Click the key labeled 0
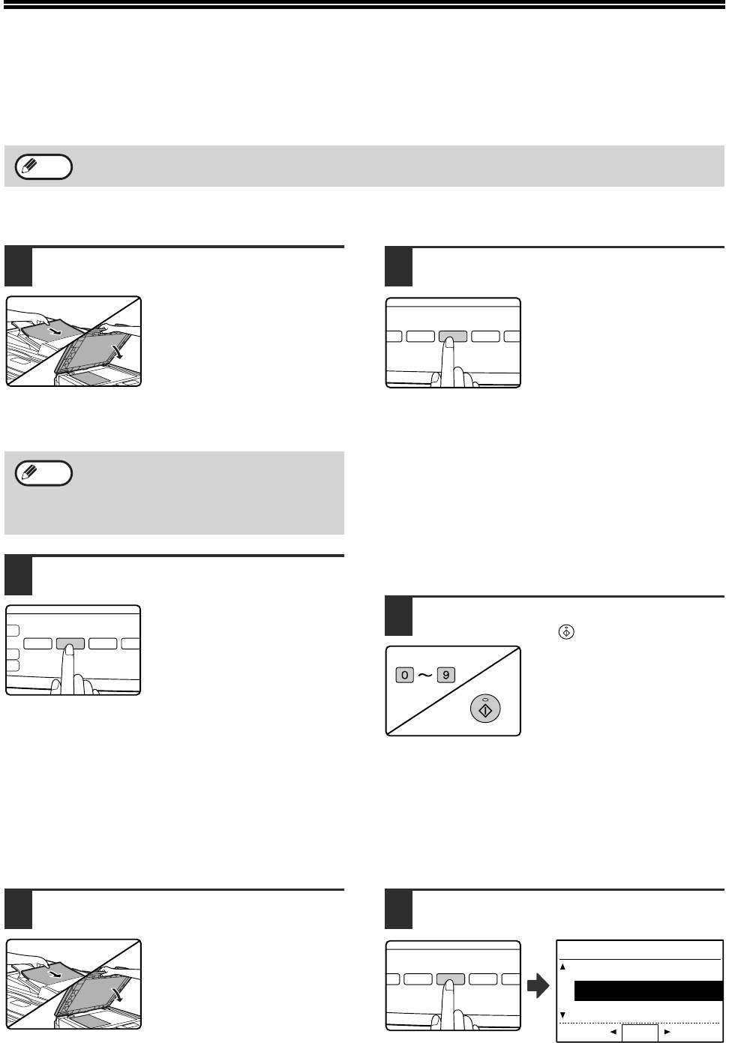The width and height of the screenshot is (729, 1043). click(404, 675)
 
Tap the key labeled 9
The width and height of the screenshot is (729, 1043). click(445, 675)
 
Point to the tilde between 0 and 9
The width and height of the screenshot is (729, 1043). click(425, 675)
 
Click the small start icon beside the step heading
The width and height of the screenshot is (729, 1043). click(566, 632)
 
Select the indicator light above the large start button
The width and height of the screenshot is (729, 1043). click(485, 698)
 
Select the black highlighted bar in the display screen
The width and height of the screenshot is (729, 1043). click(649, 991)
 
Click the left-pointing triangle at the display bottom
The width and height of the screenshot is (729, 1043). click(613, 1032)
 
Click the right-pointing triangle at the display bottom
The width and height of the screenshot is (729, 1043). click(667, 1032)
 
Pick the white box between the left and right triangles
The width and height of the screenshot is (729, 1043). click(640, 1033)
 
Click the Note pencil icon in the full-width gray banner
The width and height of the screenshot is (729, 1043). click(29, 165)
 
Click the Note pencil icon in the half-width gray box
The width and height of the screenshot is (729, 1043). click(29, 472)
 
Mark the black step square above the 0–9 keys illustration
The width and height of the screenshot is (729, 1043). click(398, 616)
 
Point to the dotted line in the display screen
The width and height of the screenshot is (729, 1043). click(640, 1023)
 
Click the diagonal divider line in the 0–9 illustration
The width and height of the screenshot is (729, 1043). click(453, 691)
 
